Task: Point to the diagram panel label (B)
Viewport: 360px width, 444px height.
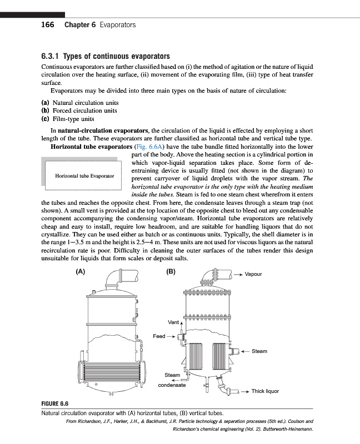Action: pyautogui.click(x=171, y=272)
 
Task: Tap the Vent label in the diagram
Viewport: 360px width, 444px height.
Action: pyautogui.click(x=173, y=322)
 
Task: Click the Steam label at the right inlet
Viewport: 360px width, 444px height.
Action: pyautogui.click(x=259, y=351)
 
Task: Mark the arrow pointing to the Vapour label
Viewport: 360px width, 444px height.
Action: pyautogui.click(x=237, y=274)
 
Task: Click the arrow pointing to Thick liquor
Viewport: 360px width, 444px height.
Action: pyautogui.click(x=242, y=391)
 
